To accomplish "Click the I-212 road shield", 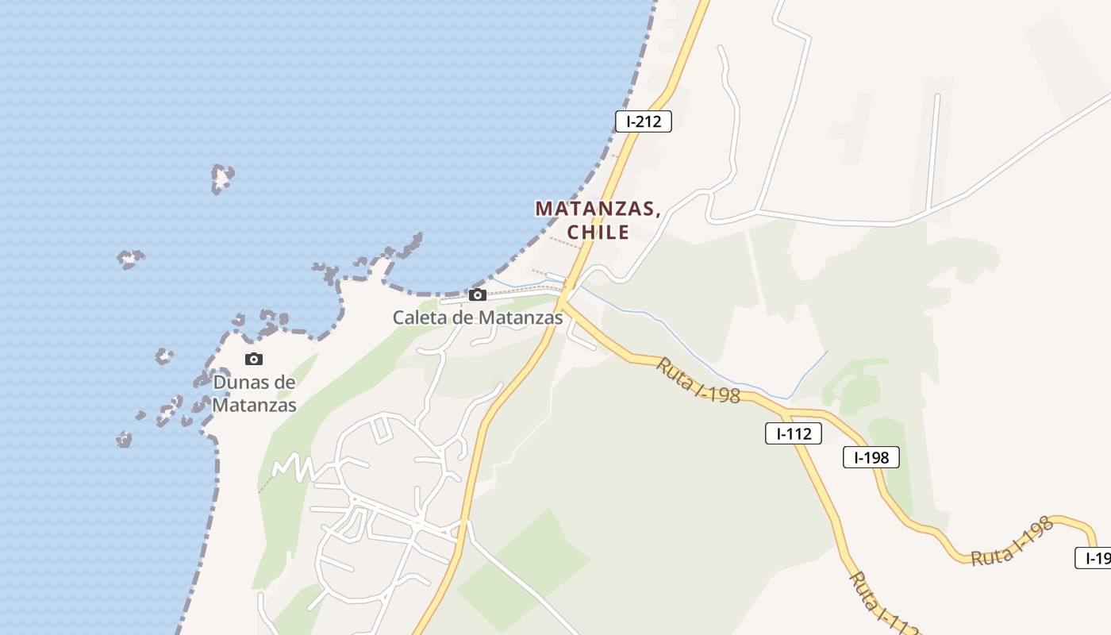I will (644, 121).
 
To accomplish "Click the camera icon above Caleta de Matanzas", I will (477, 295).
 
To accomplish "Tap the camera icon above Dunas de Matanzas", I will (254, 359).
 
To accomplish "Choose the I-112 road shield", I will (794, 433).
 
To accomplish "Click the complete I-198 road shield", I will (871, 457).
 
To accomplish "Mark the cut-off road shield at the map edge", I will (1095, 558).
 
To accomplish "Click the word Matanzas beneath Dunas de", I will (254, 406).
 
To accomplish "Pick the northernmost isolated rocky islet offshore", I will (222, 178).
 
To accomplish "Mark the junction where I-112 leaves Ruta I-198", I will (786, 414).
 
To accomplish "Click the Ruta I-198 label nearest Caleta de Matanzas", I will (698, 380).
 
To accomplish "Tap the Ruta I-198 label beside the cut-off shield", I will (1012, 542).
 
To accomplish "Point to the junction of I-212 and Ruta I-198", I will (563, 302).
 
